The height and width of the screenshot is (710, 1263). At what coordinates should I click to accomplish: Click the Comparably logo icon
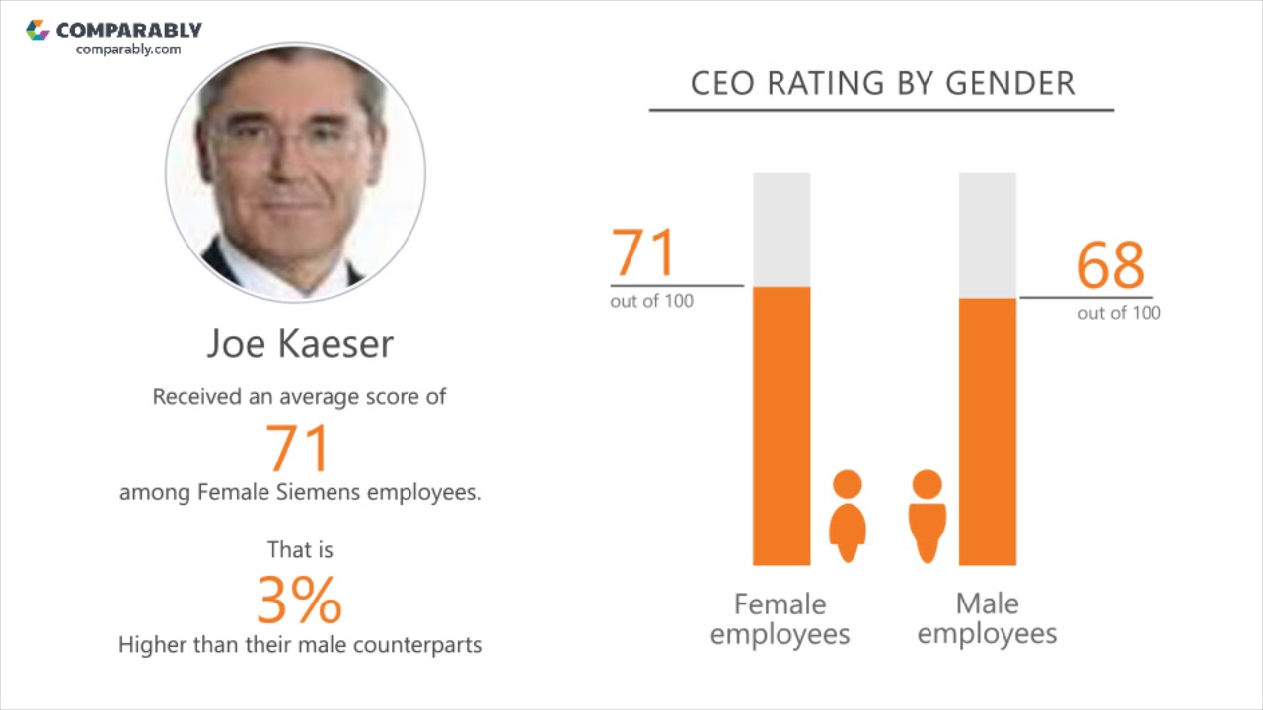[x=37, y=31]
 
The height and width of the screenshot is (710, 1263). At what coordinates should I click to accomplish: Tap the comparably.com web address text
[x=128, y=49]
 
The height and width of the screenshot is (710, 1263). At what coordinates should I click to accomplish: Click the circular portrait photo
[x=295, y=173]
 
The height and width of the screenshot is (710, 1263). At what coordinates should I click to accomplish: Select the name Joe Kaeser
[x=300, y=343]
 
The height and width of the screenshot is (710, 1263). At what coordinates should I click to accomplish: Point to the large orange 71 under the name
[x=297, y=449]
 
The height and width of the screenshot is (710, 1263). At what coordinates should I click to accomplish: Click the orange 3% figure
[x=299, y=600]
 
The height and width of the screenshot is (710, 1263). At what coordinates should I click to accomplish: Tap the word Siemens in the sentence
[x=324, y=492]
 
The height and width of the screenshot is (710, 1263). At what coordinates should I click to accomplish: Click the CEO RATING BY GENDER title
[x=882, y=83]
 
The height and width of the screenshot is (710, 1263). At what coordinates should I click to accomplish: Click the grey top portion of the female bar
[x=781, y=229]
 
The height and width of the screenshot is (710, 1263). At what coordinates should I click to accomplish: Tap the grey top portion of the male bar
[x=987, y=235]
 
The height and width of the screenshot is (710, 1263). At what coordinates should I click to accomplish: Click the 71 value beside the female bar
[x=643, y=252]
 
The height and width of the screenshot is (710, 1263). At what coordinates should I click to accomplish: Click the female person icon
[x=848, y=515]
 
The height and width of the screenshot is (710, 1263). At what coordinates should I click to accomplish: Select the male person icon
[x=927, y=515]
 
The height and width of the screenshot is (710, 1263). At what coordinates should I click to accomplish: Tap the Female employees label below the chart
[x=780, y=618]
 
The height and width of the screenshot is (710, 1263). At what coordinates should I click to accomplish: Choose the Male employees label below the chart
[x=987, y=618]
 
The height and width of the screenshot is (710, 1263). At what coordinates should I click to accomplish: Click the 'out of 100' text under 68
[x=1119, y=313]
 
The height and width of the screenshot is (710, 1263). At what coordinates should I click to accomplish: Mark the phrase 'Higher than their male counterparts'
[x=300, y=645]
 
